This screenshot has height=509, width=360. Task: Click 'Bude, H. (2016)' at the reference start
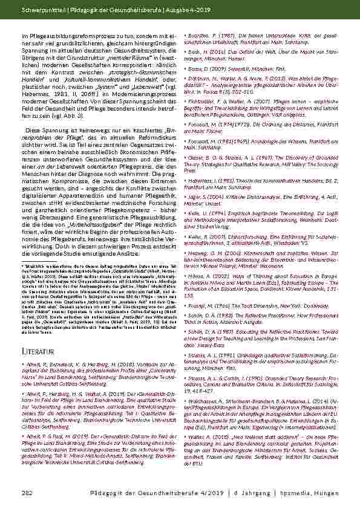pyautogui.click(x=208, y=52)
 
